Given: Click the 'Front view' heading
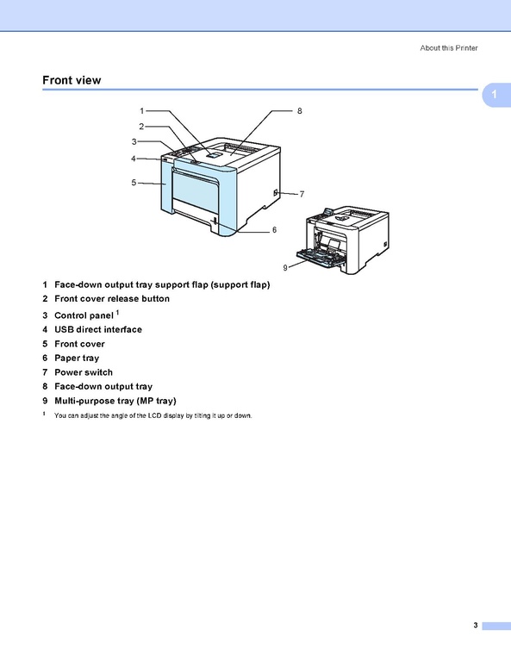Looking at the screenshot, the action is pyautogui.click(x=72, y=80).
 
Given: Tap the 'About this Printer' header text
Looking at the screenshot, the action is pyautogui.click(x=449, y=48).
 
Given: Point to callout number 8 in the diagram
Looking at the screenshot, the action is pyautogui.click(x=299, y=111).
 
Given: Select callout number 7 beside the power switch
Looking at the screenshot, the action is pyautogui.click(x=302, y=195).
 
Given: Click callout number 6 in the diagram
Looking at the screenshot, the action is pyautogui.click(x=275, y=230).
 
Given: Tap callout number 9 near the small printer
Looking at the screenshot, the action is pyautogui.click(x=285, y=268).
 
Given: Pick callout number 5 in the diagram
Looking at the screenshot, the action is pyautogui.click(x=134, y=183).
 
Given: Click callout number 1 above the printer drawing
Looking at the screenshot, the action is pyautogui.click(x=142, y=111).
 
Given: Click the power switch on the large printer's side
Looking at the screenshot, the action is pyautogui.click(x=276, y=193).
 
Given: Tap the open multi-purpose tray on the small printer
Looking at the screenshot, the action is pyautogui.click(x=319, y=258).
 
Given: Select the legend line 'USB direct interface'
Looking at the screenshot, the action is pyautogui.click(x=98, y=329).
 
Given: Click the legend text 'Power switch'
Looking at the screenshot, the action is pyautogui.click(x=84, y=372).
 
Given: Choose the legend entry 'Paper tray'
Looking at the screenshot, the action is pyautogui.click(x=77, y=359).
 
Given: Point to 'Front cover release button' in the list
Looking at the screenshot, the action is pyautogui.click(x=112, y=298).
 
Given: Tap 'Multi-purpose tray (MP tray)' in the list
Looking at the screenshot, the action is pyautogui.click(x=115, y=401).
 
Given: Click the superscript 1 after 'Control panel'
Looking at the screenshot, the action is pyautogui.click(x=118, y=312).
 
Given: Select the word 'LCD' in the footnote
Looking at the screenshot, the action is pyautogui.click(x=155, y=415).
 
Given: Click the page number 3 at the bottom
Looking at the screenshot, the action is pyautogui.click(x=476, y=625).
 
